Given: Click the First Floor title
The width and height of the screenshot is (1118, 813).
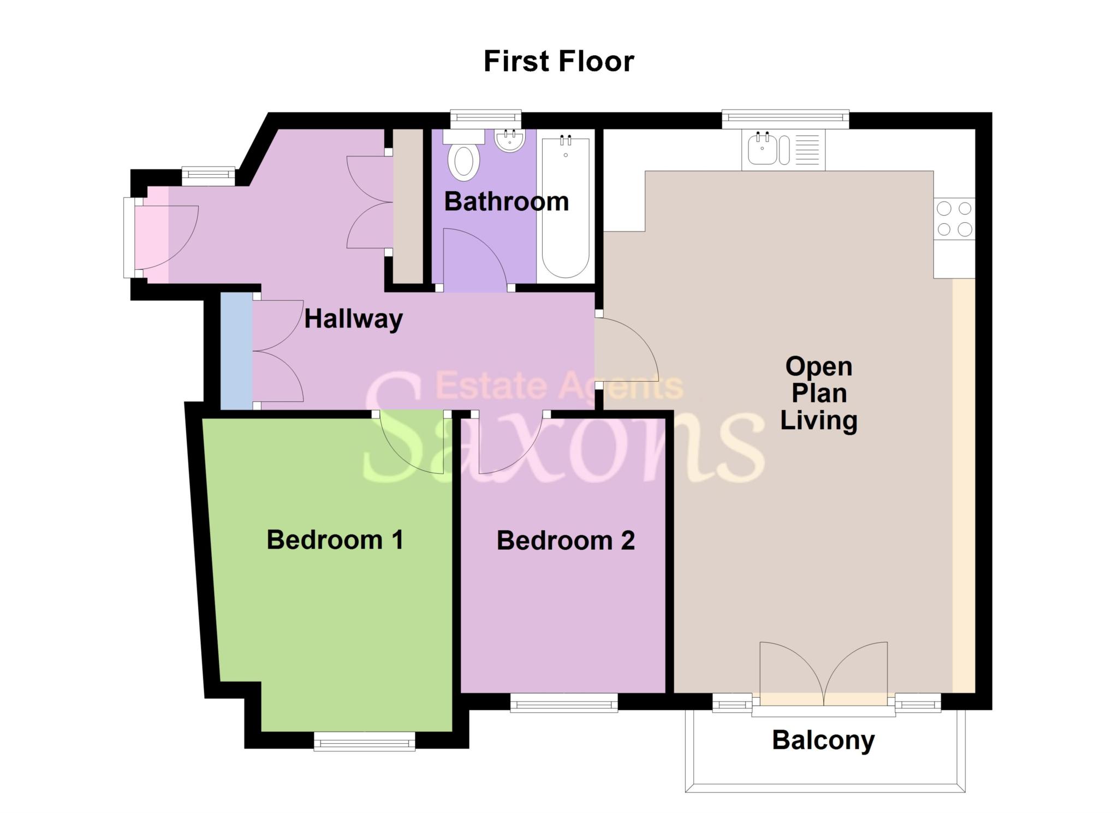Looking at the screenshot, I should tap(558, 61).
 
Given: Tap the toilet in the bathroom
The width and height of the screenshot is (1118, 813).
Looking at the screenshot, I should tap(463, 161).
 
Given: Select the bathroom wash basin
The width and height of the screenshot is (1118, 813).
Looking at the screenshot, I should tap(509, 140).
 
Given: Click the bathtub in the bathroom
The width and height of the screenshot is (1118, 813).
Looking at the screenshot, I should tap(566, 207).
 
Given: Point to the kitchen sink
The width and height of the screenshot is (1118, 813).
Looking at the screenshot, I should tap(763, 149).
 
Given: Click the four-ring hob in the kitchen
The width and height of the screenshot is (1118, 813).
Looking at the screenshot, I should tap(954, 218).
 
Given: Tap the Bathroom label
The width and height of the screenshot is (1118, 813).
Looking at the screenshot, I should tap(506, 202).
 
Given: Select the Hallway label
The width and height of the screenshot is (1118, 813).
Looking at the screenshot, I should tap(353, 318).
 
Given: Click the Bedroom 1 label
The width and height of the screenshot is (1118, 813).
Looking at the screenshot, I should tap(335, 540).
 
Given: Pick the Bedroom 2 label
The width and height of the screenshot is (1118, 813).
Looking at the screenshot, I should tap(566, 541).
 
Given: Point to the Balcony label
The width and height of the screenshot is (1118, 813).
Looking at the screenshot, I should tap(823, 740).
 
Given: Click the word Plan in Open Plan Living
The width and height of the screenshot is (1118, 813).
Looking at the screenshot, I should tap(819, 393).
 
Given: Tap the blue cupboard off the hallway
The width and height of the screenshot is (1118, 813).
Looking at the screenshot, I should tap(236, 351).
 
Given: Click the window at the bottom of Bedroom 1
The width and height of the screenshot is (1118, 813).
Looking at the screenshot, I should tap(364, 741).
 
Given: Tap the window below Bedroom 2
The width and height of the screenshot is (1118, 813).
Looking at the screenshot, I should tap(564, 703).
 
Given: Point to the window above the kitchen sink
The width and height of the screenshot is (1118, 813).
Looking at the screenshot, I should tap(785, 119).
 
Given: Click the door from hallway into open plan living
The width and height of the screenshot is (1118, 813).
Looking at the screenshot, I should tap(625, 349).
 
